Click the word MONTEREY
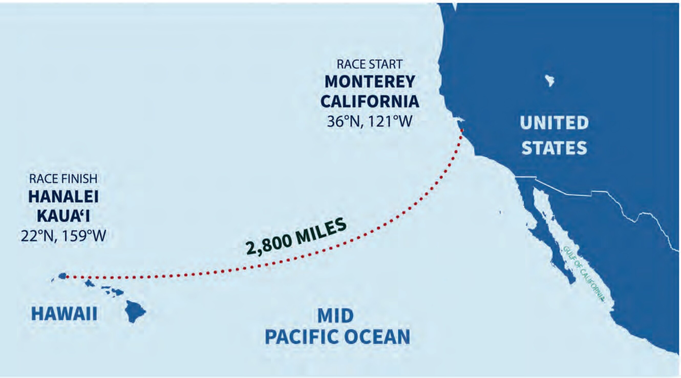coord(370,82)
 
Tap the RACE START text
coord(370,64)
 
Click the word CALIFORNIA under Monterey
coord(370,102)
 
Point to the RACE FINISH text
coord(63,179)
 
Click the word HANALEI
coord(63,197)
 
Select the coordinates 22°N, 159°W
coord(63,236)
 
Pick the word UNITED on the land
coord(554,123)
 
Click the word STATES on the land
coord(554,147)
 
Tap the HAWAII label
coord(64,314)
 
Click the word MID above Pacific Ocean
coord(335,316)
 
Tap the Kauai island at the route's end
coord(62,276)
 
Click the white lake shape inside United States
coord(550,81)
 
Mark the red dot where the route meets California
coord(462,130)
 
